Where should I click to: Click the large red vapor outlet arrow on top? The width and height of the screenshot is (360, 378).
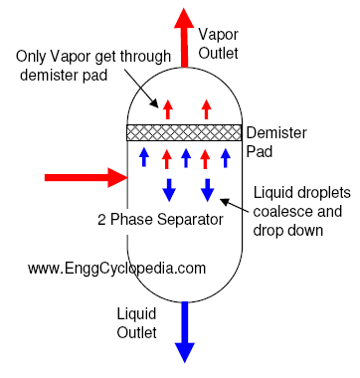184,35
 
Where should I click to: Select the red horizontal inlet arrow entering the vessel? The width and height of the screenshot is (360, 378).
85,179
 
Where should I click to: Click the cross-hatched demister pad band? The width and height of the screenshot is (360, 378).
184,131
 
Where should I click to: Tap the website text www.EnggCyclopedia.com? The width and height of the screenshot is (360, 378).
116,268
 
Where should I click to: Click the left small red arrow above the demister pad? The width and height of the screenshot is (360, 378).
167,107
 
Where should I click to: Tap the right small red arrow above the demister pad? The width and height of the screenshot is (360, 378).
207,107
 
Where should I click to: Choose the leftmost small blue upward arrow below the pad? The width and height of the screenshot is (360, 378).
144,156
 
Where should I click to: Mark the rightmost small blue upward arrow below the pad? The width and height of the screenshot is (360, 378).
225,156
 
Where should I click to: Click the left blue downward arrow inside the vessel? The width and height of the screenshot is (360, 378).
168,188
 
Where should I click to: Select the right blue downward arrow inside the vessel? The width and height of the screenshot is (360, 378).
207,188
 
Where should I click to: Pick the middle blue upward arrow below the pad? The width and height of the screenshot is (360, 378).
186,156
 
